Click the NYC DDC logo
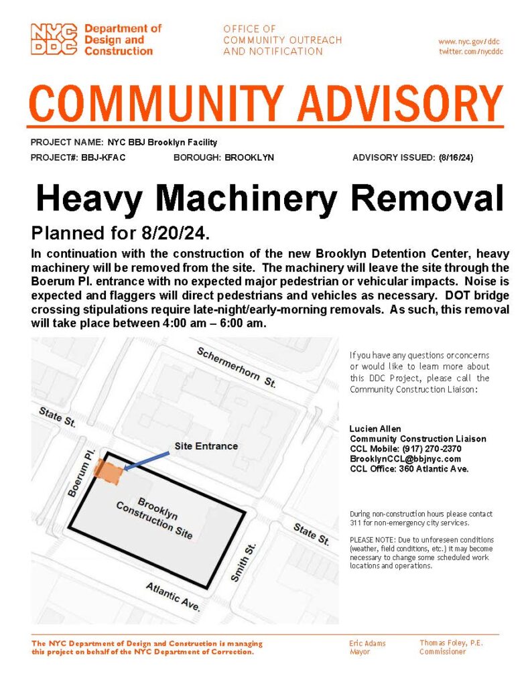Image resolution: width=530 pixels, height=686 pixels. (55, 39)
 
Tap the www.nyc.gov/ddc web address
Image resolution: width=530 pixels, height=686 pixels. (470, 42)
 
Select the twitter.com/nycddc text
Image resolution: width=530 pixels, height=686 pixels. (470, 52)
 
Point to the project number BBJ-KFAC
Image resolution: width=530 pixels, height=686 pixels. (104, 158)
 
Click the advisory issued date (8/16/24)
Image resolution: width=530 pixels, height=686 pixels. (456, 158)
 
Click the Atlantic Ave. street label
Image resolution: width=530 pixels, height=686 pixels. (174, 596)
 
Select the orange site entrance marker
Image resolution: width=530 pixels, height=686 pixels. (109, 470)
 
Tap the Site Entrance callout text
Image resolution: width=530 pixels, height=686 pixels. (206, 445)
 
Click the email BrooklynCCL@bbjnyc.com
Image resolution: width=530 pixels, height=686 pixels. (405, 458)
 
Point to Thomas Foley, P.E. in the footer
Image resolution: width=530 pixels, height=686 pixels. (451, 642)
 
